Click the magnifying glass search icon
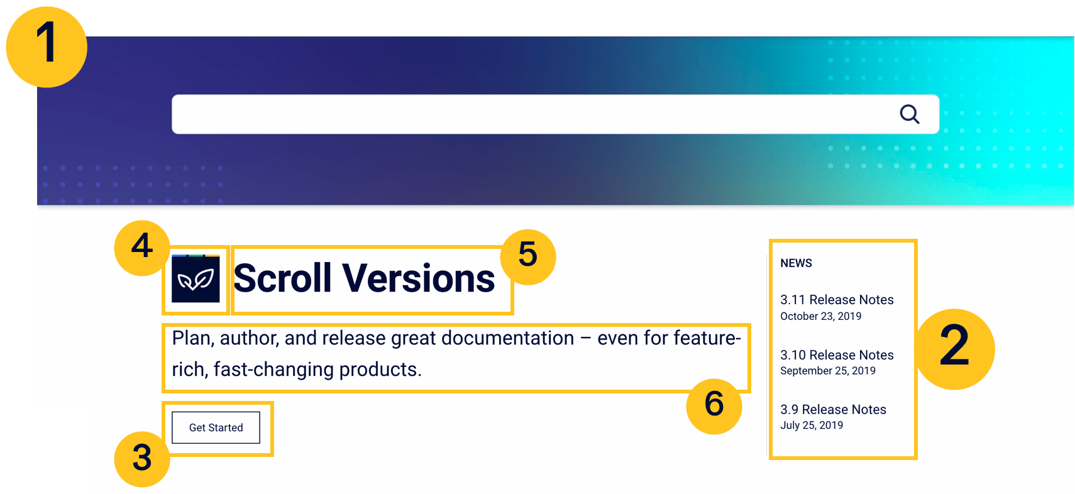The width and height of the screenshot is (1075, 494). tap(910, 114)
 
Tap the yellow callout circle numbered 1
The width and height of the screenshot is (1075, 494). tap(47, 47)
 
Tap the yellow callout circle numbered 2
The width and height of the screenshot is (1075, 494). tap(954, 349)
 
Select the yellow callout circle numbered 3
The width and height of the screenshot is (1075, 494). tap(142, 459)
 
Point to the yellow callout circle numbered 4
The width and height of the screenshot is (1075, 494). tap(142, 248)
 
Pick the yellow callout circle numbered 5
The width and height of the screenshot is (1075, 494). tap(528, 257)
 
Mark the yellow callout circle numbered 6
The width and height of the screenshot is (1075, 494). tap(714, 406)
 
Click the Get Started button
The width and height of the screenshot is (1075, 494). tap(216, 427)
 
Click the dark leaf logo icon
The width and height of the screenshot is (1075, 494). tap(196, 278)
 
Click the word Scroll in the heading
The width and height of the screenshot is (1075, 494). tap(283, 278)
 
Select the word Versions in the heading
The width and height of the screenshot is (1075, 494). tap(418, 278)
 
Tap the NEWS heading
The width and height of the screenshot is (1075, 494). tap(796, 263)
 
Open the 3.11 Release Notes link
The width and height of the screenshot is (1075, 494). tap(837, 300)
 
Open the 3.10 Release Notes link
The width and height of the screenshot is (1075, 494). tap(837, 355)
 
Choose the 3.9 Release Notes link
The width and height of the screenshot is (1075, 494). tap(833, 410)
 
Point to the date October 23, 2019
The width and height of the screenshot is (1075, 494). tap(820, 317)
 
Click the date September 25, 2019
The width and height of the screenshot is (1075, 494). tap(828, 371)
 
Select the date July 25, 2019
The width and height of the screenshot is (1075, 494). tap(812, 425)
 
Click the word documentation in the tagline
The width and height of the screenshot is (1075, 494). tap(508, 338)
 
